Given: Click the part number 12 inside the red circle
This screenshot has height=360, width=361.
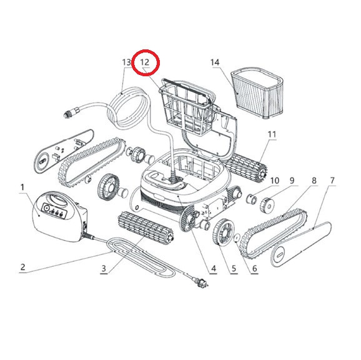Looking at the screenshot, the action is tap(145, 62).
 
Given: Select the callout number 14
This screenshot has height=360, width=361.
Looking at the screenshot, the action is tap(215, 62).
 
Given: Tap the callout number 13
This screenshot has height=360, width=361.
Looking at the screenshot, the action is tap(126, 62).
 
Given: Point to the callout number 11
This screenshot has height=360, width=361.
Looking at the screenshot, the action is tap(272, 134).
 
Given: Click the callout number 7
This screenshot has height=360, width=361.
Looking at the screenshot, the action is tap(332, 181).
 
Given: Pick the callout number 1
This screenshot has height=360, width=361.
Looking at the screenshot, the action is tap(22, 187).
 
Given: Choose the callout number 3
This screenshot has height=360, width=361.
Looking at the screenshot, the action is tap(104, 268).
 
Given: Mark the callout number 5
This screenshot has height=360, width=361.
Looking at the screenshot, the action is tap(234, 268).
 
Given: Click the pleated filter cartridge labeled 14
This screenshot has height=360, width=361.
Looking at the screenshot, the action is tap(257, 93).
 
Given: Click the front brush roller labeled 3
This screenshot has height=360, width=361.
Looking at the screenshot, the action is tap(146, 225).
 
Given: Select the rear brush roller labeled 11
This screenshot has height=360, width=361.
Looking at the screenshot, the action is tap(245, 166).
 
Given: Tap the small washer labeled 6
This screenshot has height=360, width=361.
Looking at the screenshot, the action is tap(237, 238).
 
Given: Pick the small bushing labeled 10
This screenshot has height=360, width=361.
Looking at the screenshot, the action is tap(251, 199).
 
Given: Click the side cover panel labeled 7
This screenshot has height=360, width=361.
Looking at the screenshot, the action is tap(301, 244).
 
